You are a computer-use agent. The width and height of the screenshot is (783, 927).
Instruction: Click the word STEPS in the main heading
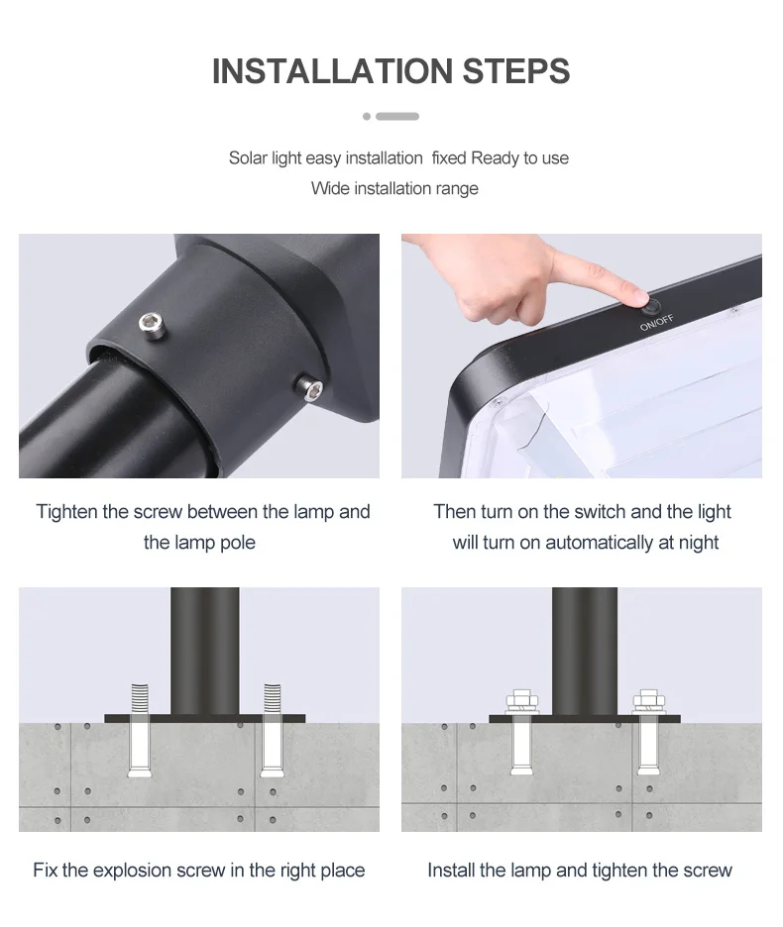(516, 71)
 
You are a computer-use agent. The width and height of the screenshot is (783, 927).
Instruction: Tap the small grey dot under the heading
(367, 117)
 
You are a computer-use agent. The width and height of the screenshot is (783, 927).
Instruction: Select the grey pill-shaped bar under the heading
(397, 117)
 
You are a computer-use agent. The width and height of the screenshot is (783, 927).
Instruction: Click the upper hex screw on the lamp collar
(152, 325)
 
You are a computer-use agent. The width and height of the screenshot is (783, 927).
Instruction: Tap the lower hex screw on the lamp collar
(309, 388)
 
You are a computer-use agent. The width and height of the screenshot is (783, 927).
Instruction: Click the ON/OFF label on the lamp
(656, 323)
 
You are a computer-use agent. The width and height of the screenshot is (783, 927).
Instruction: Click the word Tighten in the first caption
(66, 512)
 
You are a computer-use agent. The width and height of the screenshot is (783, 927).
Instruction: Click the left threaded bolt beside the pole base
(139, 731)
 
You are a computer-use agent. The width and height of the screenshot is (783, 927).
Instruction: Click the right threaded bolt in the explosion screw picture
(272, 731)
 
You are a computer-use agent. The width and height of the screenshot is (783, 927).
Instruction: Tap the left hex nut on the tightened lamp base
(522, 702)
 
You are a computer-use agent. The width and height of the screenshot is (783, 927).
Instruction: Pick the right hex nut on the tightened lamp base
(649, 702)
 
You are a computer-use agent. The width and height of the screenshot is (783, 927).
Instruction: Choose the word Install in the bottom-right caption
(451, 871)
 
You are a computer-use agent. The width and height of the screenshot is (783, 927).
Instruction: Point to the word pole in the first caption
(237, 543)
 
